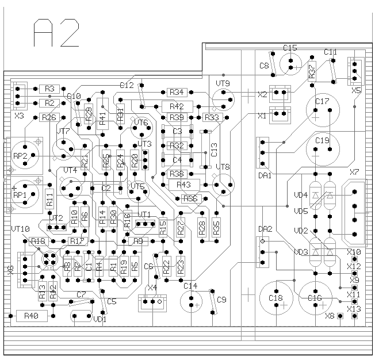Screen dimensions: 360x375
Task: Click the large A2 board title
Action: pyautogui.click(x=56, y=33)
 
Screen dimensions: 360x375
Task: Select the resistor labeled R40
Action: pyautogui.click(x=31, y=316)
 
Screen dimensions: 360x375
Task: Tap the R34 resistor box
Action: pyautogui.click(x=177, y=92)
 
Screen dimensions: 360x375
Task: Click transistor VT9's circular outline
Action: pyautogui.click(x=223, y=99)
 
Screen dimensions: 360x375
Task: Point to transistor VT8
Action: pyautogui.click(x=223, y=183)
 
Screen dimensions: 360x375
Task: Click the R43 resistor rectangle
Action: pyautogui.click(x=184, y=185)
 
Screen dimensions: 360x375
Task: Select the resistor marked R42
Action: pyautogui.click(x=177, y=106)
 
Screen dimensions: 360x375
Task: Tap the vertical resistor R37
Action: pyautogui.click(x=312, y=70)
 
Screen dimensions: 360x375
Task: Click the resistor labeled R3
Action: pyautogui.click(x=49, y=89)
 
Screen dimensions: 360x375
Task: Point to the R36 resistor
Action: pyautogui.click(x=190, y=199)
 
